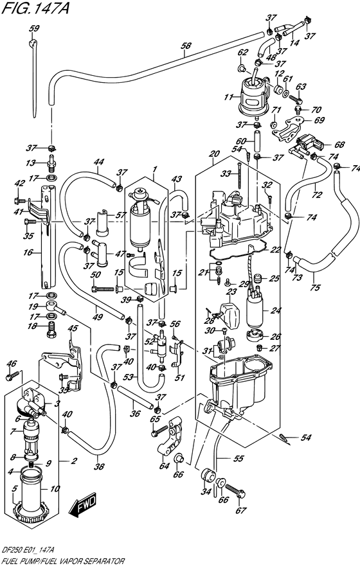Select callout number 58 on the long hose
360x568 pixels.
coord(186,46)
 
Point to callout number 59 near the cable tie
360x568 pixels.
coord(34,28)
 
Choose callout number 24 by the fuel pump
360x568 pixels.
coord(276,311)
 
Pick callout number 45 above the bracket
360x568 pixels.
coord(73,329)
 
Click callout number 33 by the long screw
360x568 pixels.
coord(225,173)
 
